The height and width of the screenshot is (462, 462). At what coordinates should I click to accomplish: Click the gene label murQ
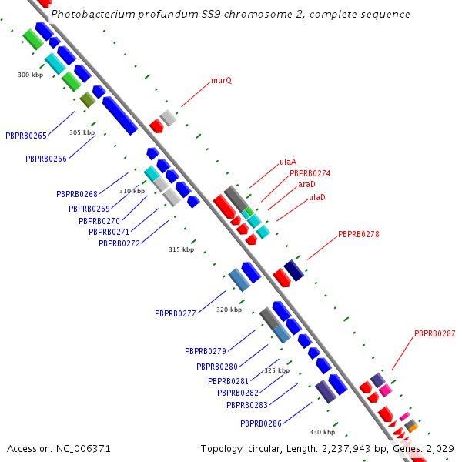click(222, 80)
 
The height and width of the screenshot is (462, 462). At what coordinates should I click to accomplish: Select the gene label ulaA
click(288, 162)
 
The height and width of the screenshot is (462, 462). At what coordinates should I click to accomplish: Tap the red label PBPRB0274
click(310, 174)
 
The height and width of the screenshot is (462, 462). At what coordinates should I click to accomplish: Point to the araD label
click(306, 185)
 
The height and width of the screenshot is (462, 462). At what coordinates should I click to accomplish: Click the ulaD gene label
click(316, 198)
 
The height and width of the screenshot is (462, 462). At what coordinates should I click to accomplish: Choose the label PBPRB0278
click(358, 234)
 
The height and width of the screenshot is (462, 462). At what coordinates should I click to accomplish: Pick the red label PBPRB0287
click(434, 334)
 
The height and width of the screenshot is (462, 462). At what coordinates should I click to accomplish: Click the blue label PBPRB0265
click(26, 136)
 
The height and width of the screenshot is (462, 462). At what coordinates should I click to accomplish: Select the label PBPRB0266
click(46, 159)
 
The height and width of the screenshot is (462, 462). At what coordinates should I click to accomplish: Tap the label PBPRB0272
click(119, 244)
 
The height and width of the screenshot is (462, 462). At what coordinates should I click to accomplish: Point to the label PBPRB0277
click(176, 314)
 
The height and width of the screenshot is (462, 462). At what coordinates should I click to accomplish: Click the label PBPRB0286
click(261, 424)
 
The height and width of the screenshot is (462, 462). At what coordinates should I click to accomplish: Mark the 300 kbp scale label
click(31, 75)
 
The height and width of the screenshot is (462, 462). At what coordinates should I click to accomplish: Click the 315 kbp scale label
click(182, 249)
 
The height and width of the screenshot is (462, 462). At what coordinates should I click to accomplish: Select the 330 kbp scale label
click(322, 432)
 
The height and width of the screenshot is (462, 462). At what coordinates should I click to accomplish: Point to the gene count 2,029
click(439, 448)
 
